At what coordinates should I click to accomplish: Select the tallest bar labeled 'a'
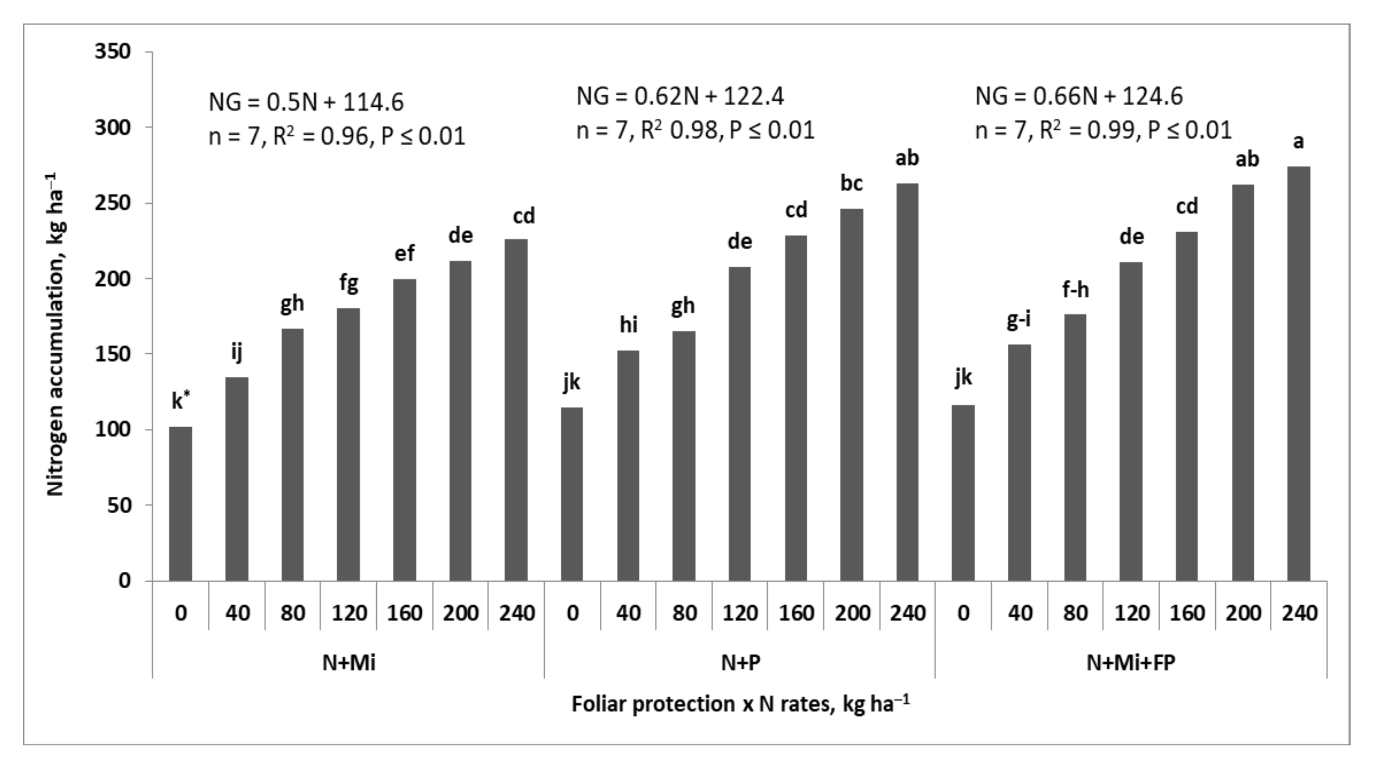click(x=1298, y=373)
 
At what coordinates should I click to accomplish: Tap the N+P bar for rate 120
click(x=739, y=424)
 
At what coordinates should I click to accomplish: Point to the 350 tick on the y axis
click(x=112, y=52)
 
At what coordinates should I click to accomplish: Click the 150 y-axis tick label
click(x=112, y=354)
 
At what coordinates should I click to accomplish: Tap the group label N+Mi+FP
click(x=1131, y=662)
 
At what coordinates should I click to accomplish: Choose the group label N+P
click(x=740, y=662)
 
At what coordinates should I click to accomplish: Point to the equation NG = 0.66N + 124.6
click(x=1078, y=96)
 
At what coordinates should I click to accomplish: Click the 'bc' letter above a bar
click(x=851, y=183)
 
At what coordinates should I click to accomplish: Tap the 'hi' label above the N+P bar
click(x=628, y=325)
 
